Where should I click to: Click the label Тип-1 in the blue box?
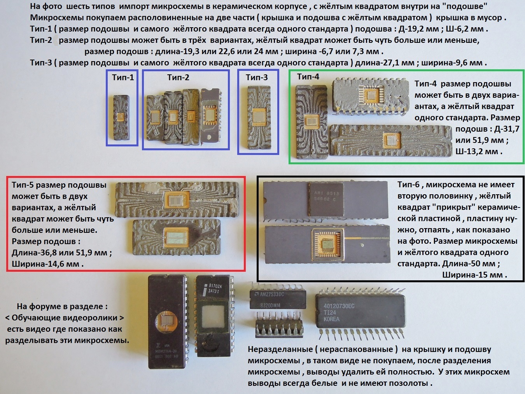(123, 77)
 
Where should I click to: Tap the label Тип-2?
(178, 77)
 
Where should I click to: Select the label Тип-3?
(257, 77)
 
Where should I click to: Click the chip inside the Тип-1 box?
(121, 118)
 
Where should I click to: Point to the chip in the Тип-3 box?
(259, 117)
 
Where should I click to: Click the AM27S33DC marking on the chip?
(272, 294)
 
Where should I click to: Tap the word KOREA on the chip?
(331, 319)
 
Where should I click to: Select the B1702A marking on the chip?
(215, 286)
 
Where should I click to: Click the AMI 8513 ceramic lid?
(326, 200)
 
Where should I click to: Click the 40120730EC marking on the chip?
(339, 306)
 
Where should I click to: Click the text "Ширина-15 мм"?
(474, 274)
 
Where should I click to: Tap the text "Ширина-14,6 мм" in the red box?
(47, 264)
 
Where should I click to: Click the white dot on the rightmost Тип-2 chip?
(210, 137)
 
